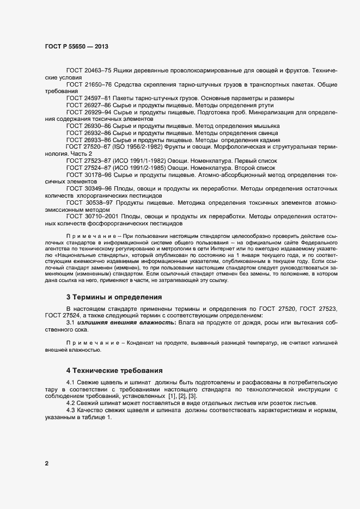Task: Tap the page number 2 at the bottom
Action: click(x=47, y=463)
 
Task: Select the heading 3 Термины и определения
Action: click(x=114, y=297)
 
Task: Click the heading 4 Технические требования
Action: click(x=114, y=371)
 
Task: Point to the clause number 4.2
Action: click(x=71, y=403)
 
